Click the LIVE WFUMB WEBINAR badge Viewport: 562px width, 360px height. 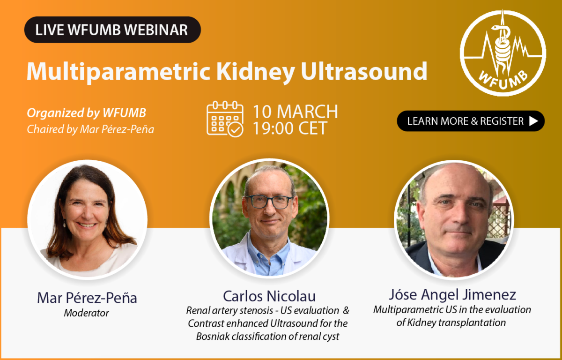(112, 30)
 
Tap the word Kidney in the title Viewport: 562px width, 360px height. (255, 72)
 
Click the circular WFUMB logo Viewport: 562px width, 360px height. (503, 53)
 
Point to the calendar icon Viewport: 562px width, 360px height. (225, 119)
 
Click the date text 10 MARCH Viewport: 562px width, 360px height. (296, 112)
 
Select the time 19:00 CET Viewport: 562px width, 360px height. (290, 128)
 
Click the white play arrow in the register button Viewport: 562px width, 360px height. (533, 121)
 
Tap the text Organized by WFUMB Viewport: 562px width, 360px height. (87, 113)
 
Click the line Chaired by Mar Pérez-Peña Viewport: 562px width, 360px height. (90, 129)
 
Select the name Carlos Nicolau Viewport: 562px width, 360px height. (269, 296)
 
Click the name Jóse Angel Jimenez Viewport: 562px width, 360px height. (452, 295)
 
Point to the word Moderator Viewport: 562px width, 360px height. (87, 313)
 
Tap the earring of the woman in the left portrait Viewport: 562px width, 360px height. (65, 223)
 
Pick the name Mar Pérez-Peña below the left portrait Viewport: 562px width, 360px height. (87, 298)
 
